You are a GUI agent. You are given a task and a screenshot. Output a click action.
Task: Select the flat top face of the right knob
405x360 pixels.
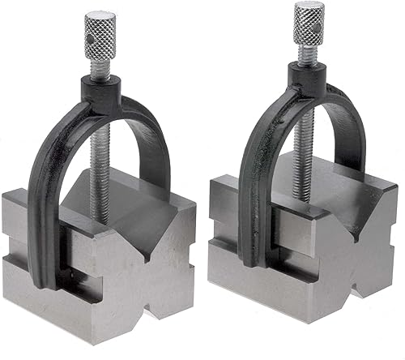(x=309, y=8)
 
